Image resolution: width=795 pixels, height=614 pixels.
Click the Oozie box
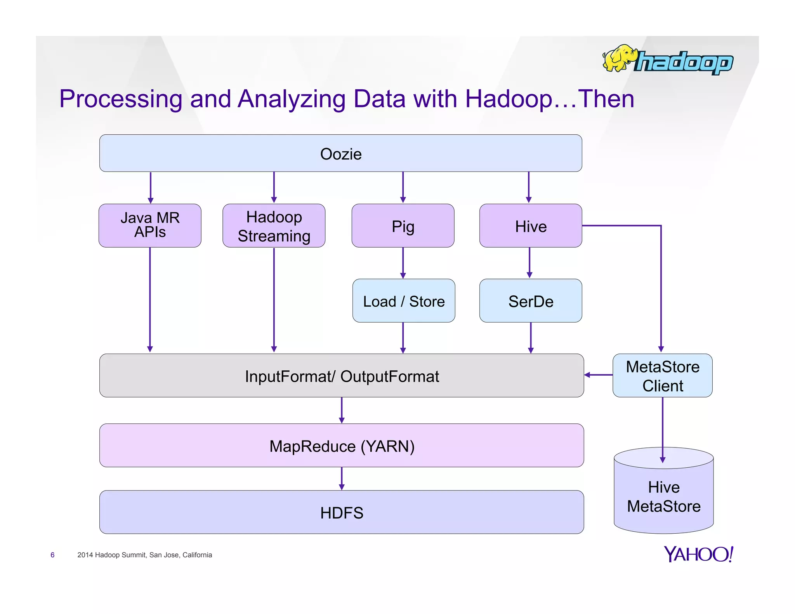[340, 153]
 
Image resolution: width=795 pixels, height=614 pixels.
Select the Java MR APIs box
[150, 225]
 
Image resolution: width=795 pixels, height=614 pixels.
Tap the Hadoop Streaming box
[274, 226]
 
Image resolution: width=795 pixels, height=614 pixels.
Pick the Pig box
[403, 226]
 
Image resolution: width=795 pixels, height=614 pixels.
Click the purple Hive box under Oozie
[530, 226]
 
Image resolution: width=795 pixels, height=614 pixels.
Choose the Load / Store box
[403, 301]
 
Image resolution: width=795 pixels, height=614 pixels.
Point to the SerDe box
[530, 301]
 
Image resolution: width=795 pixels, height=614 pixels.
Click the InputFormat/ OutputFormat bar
[341, 376]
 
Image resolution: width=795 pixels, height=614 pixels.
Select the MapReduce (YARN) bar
[341, 446]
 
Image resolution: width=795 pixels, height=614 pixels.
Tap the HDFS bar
[341, 512]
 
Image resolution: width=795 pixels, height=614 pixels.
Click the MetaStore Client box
[662, 376]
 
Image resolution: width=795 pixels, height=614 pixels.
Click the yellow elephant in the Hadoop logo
[619, 58]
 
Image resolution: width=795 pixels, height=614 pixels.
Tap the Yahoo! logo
[698, 554]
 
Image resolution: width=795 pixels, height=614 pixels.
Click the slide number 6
[52, 555]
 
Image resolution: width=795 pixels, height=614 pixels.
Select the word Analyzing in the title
[291, 99]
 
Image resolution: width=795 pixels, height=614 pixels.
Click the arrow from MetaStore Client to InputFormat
[598, 375]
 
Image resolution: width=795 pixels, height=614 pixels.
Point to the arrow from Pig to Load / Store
[403, 263]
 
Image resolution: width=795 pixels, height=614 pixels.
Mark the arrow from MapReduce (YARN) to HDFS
[342, 478]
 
